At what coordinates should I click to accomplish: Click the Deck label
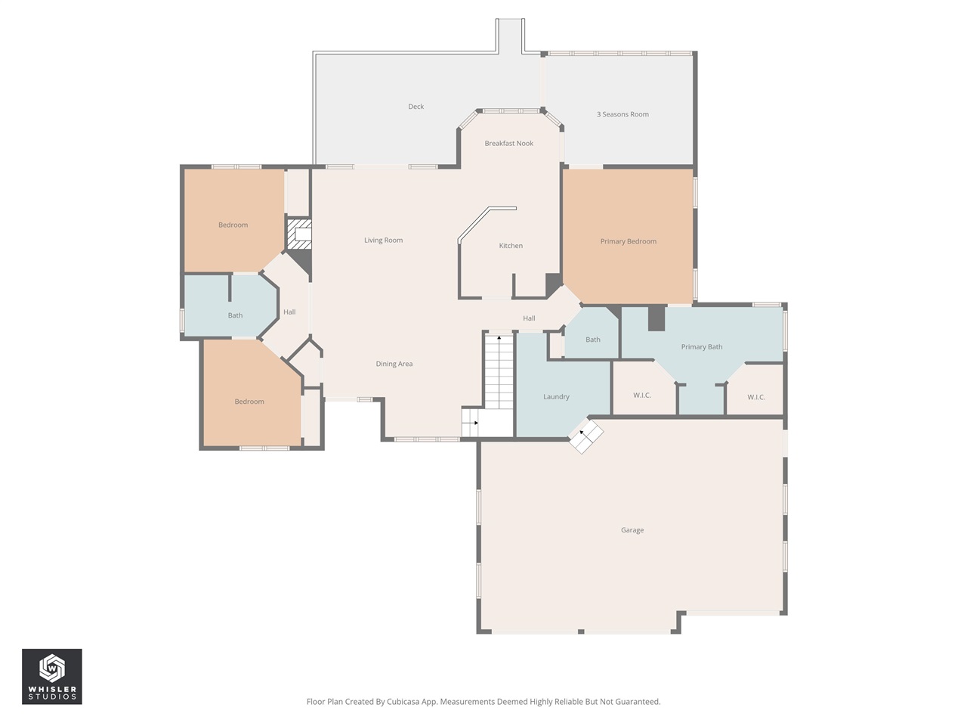pos(416,107)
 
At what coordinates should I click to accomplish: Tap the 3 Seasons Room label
pos(623,114)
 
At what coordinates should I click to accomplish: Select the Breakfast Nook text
pos(508,143)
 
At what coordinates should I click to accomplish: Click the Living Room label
pos(383,240)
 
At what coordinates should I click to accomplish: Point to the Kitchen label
pos(511,246)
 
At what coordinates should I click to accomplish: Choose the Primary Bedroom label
pos(628,241)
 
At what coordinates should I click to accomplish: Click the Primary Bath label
pos(701,347)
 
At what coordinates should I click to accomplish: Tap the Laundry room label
pos(556,397)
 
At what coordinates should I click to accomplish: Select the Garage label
pos(632,530)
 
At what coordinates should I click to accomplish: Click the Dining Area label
pos(394,364)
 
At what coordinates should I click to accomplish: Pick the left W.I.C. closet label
pos(641,396)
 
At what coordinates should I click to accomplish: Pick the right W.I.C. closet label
pos(755,397)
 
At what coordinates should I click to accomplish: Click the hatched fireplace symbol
pos(299,234)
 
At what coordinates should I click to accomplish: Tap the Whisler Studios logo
pos(52,676)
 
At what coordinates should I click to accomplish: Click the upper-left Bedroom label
pos(233,225)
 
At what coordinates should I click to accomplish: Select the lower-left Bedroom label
pos(249,402)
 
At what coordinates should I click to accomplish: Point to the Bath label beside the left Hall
pos(235,315)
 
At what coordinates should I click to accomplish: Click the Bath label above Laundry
pos(592,340)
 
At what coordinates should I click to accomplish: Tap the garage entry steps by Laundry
pos(586,437)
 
